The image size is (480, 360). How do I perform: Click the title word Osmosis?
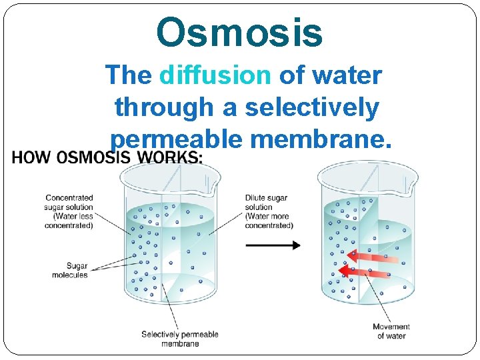pos(240,33)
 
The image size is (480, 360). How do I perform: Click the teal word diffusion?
pos(215,75)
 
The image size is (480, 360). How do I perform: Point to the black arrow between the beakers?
pos(273,245)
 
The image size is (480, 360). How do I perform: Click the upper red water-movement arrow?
pos(374,256)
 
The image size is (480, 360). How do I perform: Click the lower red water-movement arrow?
pos(366,271)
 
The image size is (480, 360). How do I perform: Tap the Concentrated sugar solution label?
pos(69,211)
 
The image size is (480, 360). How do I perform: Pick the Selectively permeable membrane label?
pos(179,339)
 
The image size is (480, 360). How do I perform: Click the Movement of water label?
pos(391,331)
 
